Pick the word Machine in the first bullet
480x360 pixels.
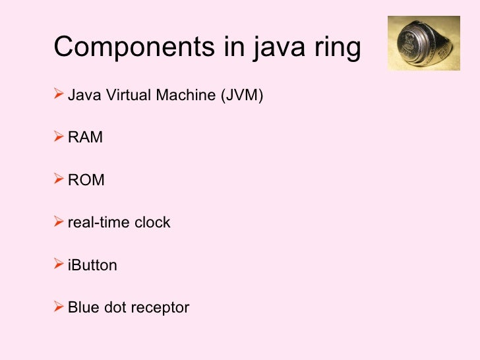(184, 96)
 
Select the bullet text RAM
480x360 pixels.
(85, 138)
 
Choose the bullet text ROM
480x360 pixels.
(86, 180)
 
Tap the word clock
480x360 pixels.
(152, 222)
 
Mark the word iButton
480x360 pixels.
(92, 265)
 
